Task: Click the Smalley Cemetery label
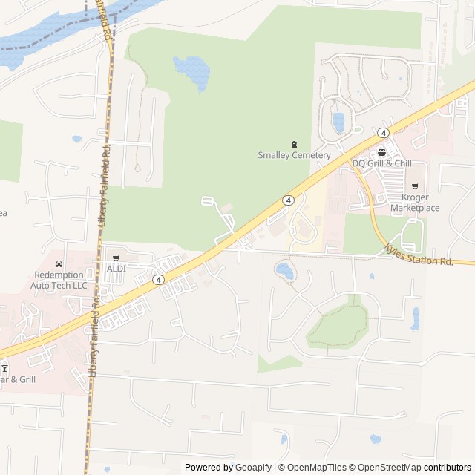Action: [x=294, y=155]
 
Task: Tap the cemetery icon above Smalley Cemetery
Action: [x=294, y=144]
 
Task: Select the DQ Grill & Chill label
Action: [x=381, y=163]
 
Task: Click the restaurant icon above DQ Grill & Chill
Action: [x=381, y=152]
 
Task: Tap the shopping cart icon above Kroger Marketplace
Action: [x=414, y=186]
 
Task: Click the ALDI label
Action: [x=117, y=269]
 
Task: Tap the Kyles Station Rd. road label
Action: [x=419, y=256]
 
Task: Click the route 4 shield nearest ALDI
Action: [x=158, y=280]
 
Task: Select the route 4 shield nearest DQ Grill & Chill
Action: [x=383, y=132]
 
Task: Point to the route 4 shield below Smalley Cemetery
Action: [x=288, y=200]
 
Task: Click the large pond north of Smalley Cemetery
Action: [x=191, y=71]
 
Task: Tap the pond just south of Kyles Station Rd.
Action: [x=284, y=271]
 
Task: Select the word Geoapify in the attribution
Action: [x=253, y=468]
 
